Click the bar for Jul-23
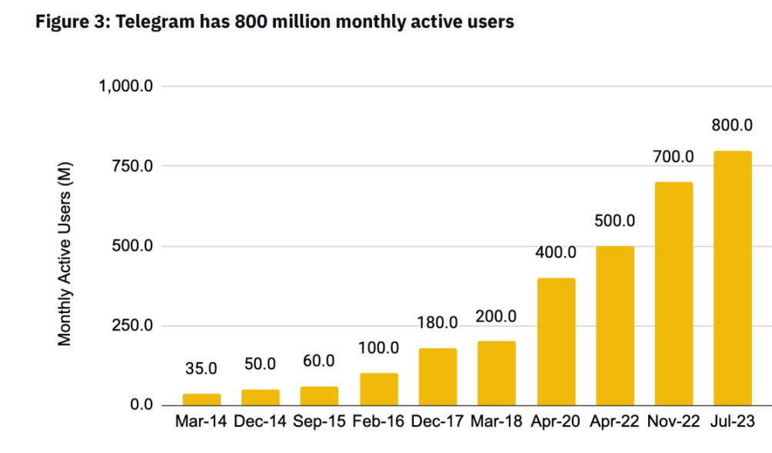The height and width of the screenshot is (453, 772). click(x=732, y=278)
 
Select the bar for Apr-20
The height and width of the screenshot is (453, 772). click(x=556, y=341)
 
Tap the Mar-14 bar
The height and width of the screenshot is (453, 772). click(x=201, y=399)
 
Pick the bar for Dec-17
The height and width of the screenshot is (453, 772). click(x=438, y=377)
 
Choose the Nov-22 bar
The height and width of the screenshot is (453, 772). click(x=674, y=294)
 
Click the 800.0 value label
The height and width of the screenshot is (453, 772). click(x=732, y=125)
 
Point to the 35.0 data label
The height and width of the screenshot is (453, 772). click(x=201, y=368)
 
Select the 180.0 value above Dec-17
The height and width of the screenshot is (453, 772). click(x=438, y=322)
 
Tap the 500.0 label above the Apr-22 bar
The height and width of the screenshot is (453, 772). click(x=614, y=221)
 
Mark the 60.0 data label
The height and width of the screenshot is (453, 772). click(x=319, y=361)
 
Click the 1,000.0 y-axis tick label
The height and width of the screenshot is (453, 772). click(x=128, y=86)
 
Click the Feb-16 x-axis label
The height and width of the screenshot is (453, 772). click(x=378, y=421)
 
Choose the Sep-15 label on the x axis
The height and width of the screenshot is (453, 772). click(x=319, y=421)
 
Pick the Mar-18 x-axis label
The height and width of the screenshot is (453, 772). click(x=497, y=421)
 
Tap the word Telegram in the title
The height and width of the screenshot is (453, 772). click(x=151, y=22)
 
